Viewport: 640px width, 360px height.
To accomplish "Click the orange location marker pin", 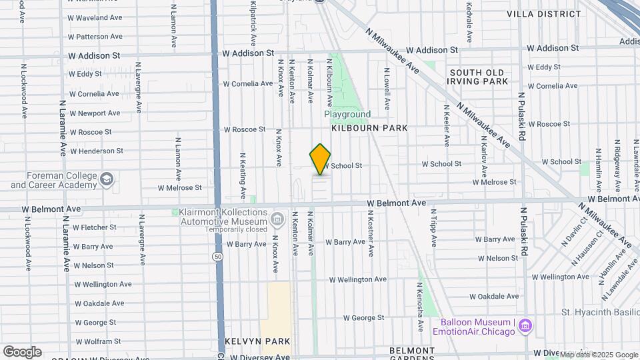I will pos(320,159).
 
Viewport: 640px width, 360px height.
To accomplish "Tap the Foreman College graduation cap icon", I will pos(107,179).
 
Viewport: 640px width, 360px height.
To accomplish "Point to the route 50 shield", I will pos(218,255).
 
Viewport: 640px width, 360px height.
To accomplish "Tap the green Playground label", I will pos(347,115).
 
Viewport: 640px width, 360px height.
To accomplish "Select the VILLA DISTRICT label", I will pos(543,13).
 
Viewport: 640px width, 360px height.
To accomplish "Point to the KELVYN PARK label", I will pos(257,341).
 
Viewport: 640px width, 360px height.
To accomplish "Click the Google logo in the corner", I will pos(22,351).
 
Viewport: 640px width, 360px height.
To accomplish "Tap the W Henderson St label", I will pos(96,151).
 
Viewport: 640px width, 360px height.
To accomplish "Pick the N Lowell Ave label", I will pos(386,87).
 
